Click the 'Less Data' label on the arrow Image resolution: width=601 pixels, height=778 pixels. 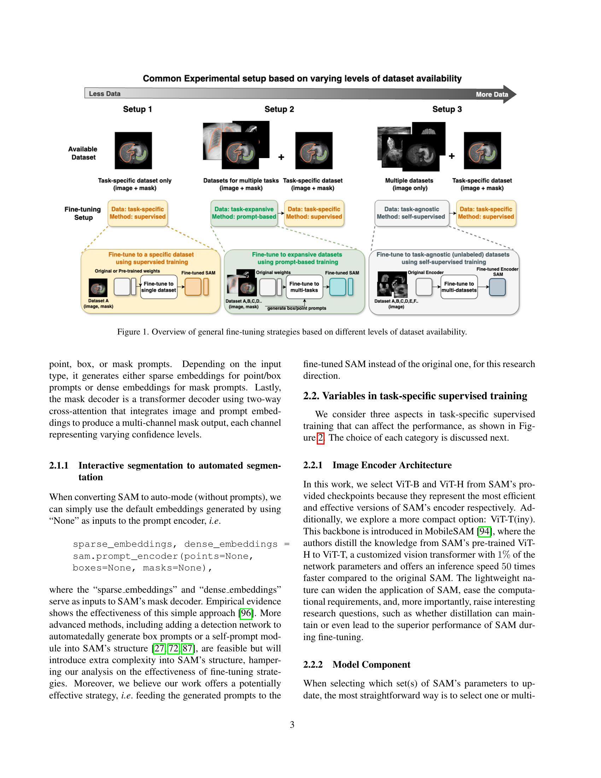pos(104,94)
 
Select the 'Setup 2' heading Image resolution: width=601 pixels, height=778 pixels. pos(279,109)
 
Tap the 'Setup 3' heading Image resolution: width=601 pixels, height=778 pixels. pos(447,109)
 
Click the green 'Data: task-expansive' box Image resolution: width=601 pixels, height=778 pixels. pos(244,213)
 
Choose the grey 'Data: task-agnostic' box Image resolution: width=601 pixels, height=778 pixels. pos(411,213)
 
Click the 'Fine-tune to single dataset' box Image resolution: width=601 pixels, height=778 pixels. pos(159,287)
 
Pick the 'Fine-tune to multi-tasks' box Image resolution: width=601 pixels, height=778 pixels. pos(304,287)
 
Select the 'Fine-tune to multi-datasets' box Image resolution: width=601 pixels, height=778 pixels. pos(459,287)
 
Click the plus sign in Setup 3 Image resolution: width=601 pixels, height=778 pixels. pos(451,156)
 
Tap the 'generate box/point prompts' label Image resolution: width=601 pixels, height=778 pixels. pos(297,308)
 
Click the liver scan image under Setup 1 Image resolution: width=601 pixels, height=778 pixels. pos(133,150)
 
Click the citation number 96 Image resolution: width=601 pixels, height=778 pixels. pos(246,613)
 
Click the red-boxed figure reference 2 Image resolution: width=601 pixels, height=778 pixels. pos(320,438)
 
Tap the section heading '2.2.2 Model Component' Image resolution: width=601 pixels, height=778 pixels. pos(356,665)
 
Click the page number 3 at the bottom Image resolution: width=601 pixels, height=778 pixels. pos(292,725)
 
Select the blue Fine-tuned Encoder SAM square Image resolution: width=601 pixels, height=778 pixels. pos(497,287)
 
